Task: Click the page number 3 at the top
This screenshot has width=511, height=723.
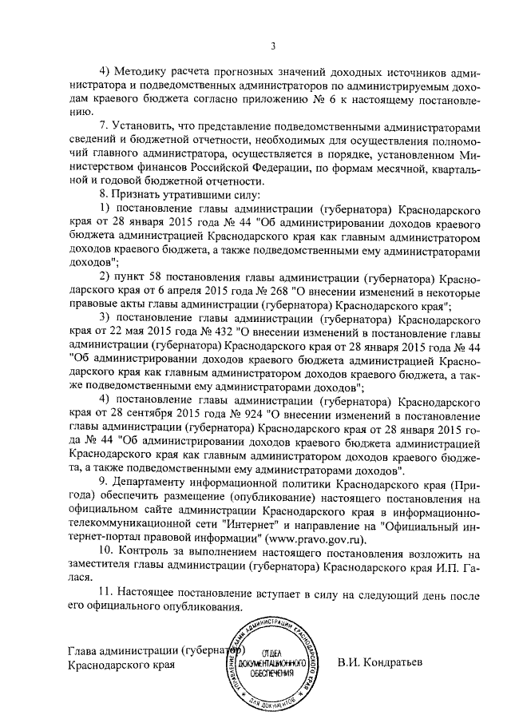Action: [x=272, y=46]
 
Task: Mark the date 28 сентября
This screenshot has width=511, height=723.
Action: [x=139, y=415]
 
